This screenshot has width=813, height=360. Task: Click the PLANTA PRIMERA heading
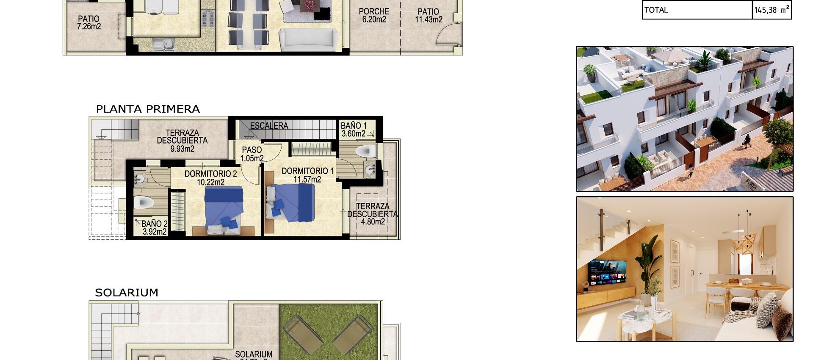click(x=148, y=109)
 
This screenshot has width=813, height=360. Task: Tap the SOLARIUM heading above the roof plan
click(x=126, y=293)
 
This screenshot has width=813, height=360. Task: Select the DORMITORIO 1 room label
click(x=307, y=175)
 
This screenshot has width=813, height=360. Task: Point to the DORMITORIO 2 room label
click(x=210, y=178)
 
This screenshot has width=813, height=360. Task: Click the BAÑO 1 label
click(x=354, y=130)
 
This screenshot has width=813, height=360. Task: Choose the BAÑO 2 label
click(x=154, y=227)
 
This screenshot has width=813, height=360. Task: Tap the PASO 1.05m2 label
click(x=252, y=154)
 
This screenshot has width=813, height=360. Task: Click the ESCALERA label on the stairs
click(x=269, y=126)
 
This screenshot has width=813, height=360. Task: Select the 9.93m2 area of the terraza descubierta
click(x=183, y=149)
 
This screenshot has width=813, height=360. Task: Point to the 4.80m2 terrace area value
click(x=373, y=222)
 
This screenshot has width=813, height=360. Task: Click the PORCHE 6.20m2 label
click(x=374, y=15)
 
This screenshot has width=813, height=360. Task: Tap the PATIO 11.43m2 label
click(x=429, y=15)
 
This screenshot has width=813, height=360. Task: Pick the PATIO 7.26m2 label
click(x=89, y=22)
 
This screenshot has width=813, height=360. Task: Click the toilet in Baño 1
click(x=365, y=151)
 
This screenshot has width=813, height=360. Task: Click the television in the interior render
click(x=607, y=273)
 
